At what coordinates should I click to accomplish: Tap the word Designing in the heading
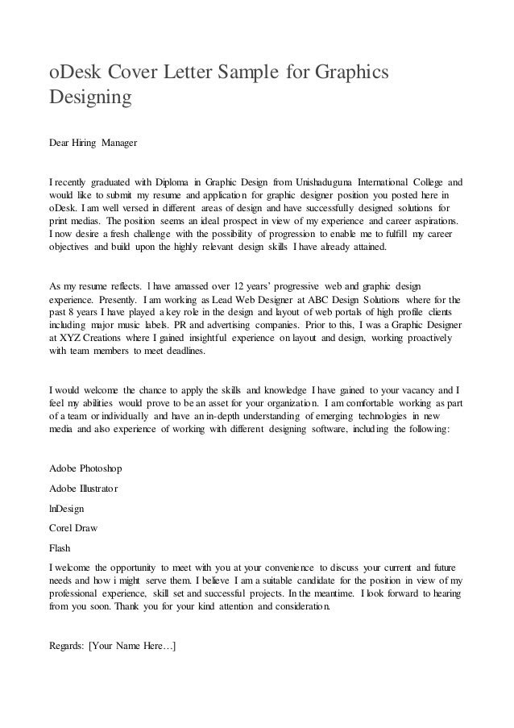90,101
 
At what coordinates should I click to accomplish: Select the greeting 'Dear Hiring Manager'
93,143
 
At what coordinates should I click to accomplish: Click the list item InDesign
67,509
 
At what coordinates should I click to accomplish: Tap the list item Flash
60,547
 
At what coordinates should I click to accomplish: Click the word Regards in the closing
68,645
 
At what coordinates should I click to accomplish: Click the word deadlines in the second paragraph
183,352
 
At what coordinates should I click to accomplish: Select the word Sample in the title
238,74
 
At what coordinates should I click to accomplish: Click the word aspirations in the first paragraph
433,220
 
